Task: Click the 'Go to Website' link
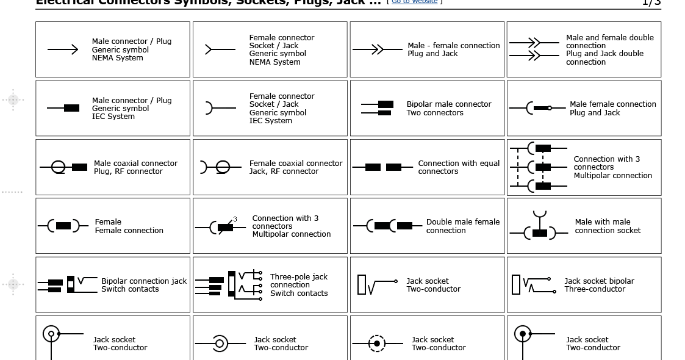(x=414, y=2)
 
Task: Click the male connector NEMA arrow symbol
(x=63, y=49)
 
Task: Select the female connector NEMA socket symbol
(x=220, y=49)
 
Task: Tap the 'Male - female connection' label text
(x=453, y=49)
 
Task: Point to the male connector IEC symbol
(x=63, y=108)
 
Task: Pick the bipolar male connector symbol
(x=377, y=108)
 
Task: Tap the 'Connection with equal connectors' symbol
(x=383, y=167)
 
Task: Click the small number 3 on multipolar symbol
(x=235, y=219)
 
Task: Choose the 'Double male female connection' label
(x=462, y=226)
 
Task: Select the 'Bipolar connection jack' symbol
(x=67, y=285)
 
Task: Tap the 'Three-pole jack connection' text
(x=299, y=285)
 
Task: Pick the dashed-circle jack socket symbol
(x=377, y=344)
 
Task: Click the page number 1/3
(x=651, y=2)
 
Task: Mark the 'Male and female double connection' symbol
(x=534, y=49)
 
